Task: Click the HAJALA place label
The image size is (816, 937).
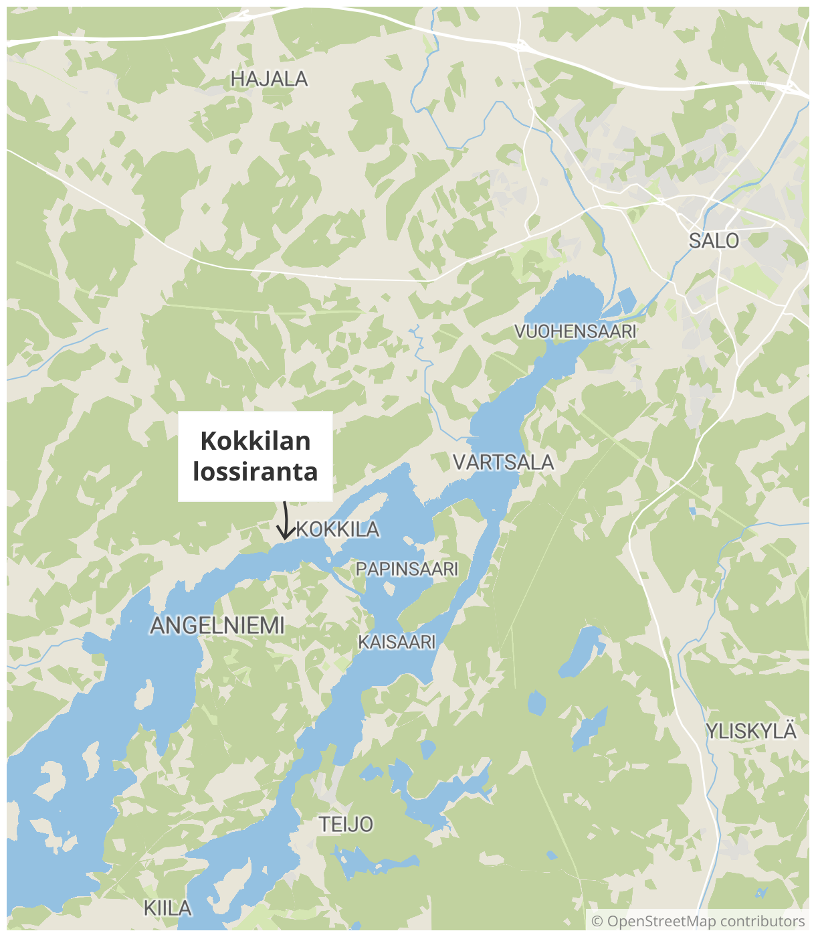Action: point(269,79)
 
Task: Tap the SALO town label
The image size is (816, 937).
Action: point(714,241)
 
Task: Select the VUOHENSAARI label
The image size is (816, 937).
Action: point(575,331)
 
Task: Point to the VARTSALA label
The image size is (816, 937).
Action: point(503,462)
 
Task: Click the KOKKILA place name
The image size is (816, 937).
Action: point(338,529)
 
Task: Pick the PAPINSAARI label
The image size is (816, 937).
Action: point(407,569)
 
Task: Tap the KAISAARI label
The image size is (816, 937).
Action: point(397,642)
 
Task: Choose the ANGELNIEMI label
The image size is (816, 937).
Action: point(217,626)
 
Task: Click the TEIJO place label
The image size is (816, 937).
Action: point(345,825)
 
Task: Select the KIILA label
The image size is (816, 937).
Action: point(168,908)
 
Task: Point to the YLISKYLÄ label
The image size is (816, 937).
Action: point(751,732)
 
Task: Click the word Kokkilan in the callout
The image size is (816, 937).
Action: point(256,441)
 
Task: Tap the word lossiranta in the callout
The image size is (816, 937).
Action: point(256,472)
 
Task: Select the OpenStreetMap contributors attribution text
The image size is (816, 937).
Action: point(706,922)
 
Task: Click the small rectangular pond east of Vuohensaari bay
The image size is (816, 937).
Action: point(627,301)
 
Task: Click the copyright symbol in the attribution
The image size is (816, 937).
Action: point(597,922)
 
